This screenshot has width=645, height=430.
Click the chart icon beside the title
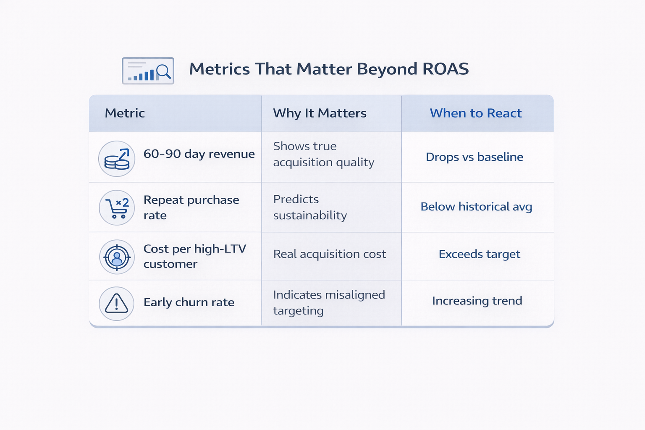tap(148, 71)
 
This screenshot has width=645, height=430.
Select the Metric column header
tap(125, 113)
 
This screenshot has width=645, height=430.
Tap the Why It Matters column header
tap(320, 113)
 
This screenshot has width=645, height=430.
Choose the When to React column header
tap(475, 113)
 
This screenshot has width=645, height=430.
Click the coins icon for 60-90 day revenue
tap(117, 159)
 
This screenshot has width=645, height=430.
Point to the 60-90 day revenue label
tap(199, 154)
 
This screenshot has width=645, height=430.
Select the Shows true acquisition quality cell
tap(323, 154)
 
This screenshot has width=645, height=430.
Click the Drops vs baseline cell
tap(475, 157)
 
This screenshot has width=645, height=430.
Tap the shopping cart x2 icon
tap(117, 208)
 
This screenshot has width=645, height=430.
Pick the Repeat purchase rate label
tap(191, 207)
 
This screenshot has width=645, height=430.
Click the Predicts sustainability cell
tap(310, 207)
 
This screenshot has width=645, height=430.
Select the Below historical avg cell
tap(476, 207)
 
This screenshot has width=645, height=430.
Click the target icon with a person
tap(117, 257)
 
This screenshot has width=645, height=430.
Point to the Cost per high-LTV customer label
tap(194, 256)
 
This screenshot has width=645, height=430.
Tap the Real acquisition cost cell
tap(329, 254)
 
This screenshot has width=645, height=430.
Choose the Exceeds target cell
tap(479, 254)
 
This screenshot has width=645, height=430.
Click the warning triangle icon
tap(116, 304)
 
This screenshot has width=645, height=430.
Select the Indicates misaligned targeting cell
tap(329, 303)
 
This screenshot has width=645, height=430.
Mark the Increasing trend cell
tap(477, 301)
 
